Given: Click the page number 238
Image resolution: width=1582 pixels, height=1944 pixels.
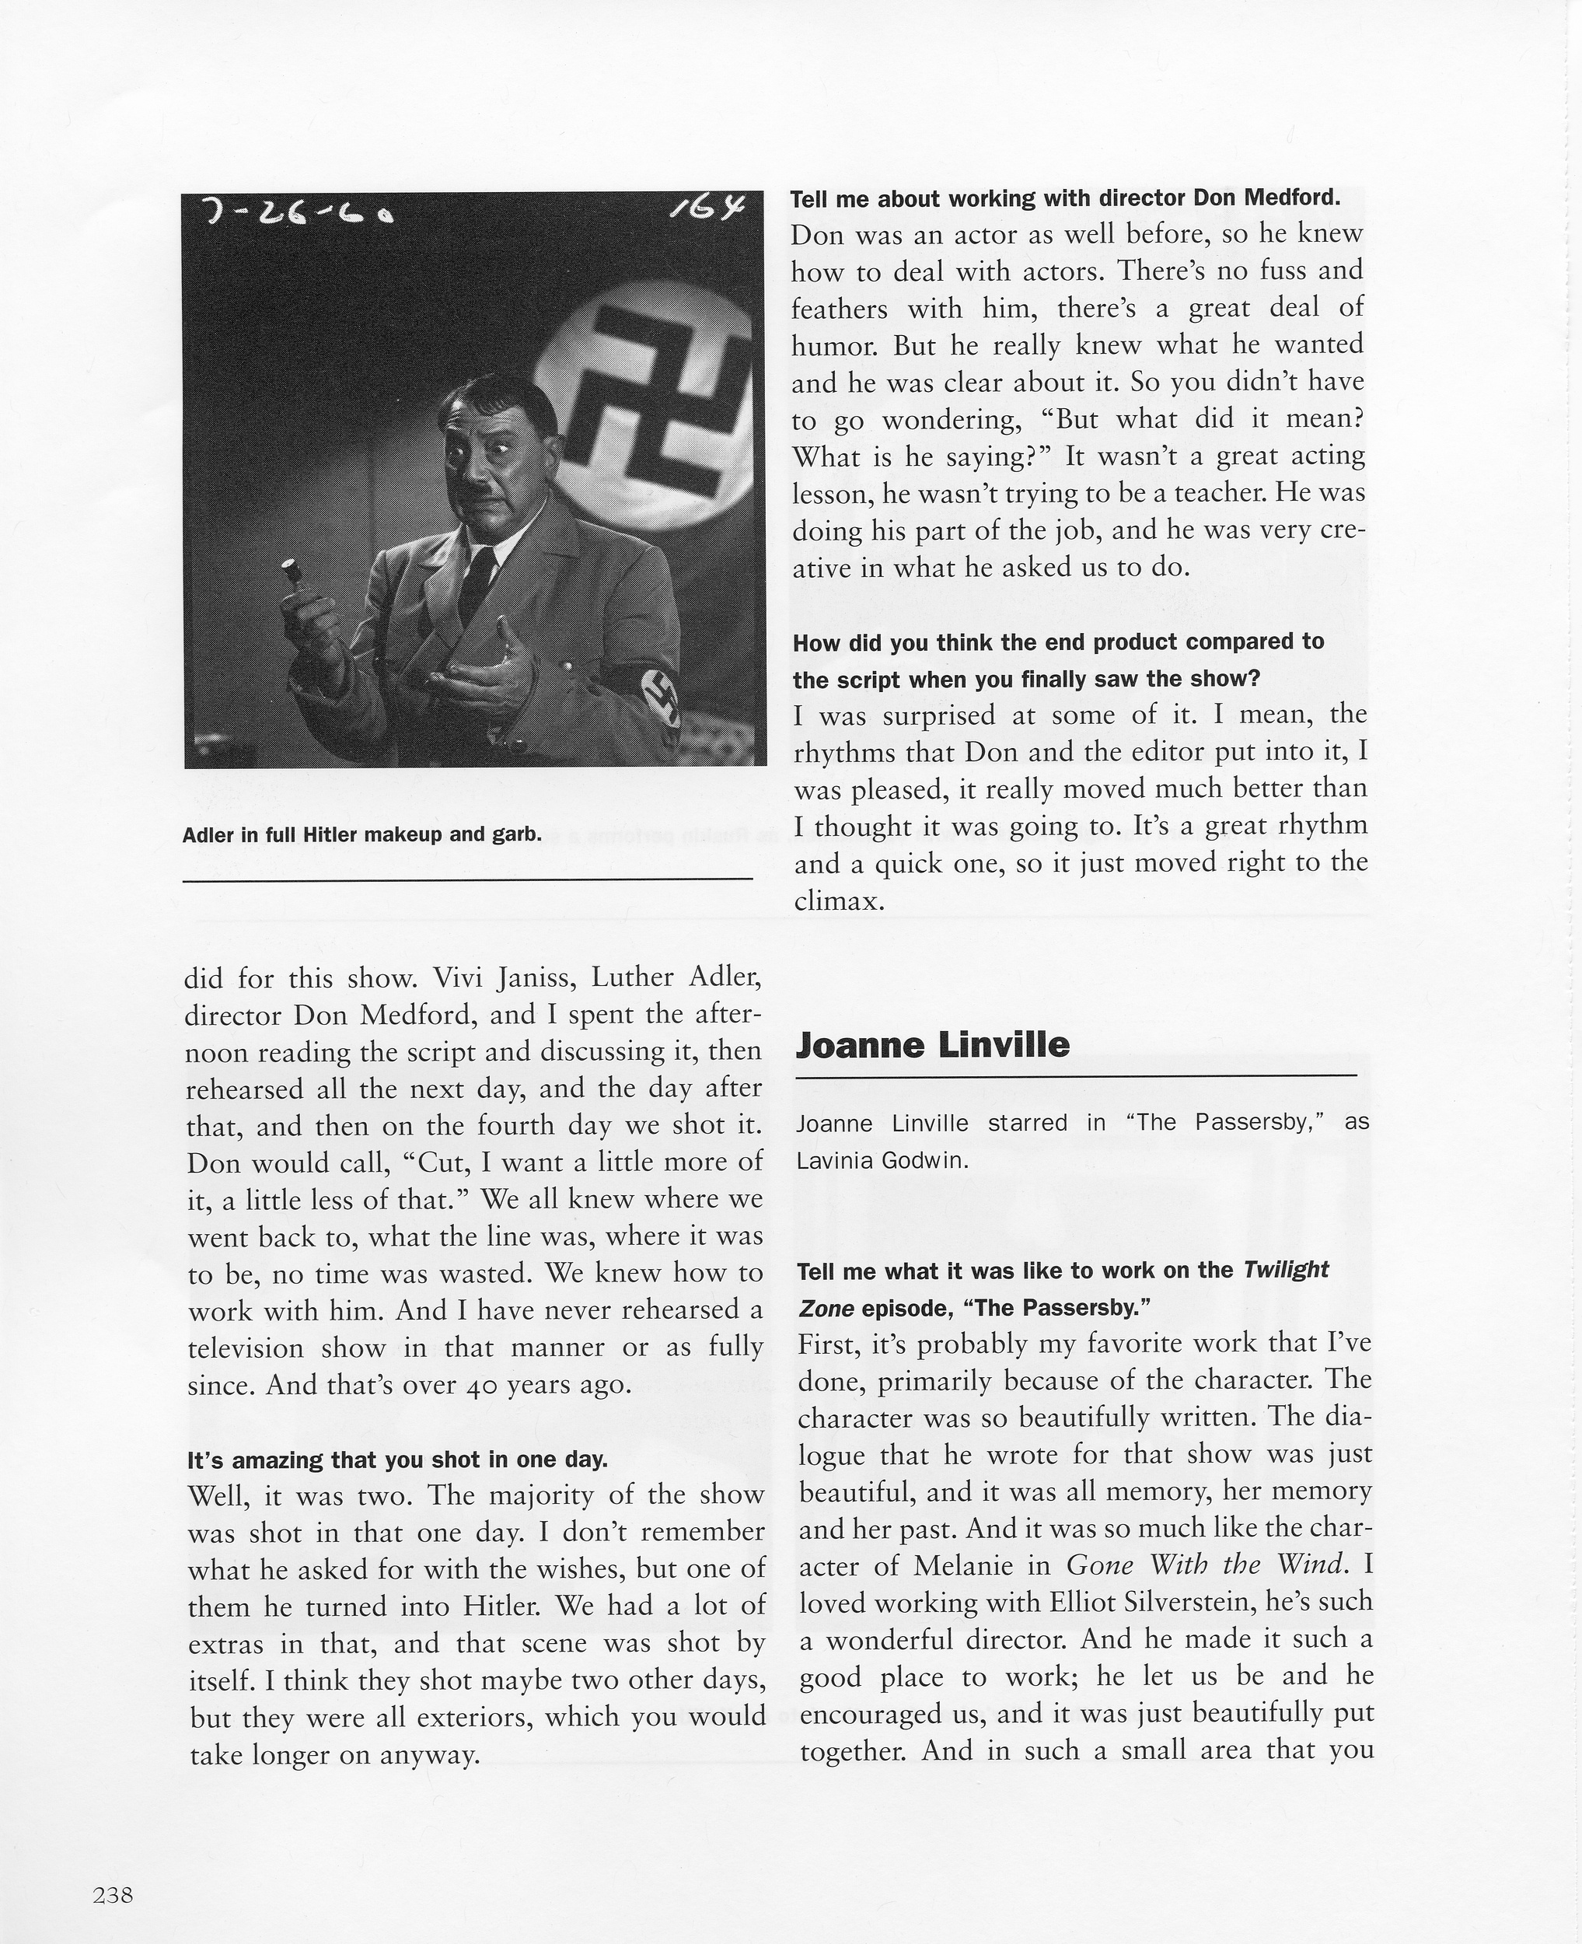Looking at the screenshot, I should click(x=113, y=1869).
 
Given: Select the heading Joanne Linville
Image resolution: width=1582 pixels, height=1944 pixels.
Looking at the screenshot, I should click(x=932, y=1044).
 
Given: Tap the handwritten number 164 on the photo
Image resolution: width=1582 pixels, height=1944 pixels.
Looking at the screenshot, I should click(x=708, y=212).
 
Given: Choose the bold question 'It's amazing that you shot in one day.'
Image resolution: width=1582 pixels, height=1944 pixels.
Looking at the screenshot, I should click(x=397, y=1460).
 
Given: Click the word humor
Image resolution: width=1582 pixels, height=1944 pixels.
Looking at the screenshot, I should click(x=832, y=346).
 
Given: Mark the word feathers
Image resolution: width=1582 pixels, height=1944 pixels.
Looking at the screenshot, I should click(x=837, y=309).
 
